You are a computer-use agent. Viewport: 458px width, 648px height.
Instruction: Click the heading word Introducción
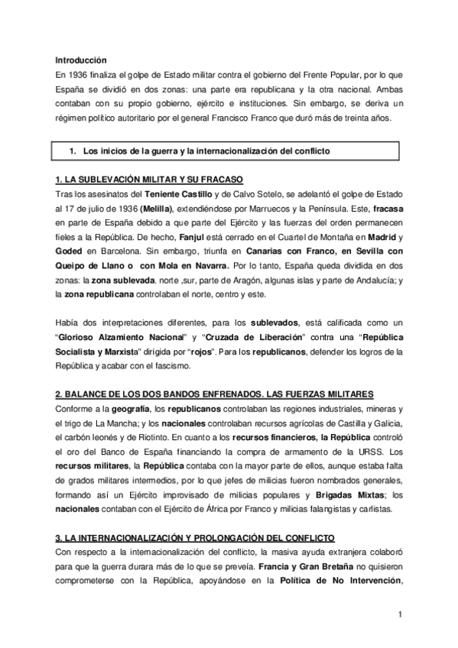(x=81, y=60)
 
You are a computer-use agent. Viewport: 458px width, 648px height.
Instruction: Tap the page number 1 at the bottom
(x=399, y=614)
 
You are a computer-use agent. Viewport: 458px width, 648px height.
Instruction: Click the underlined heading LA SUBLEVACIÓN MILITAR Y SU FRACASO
(x=150, y=180)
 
